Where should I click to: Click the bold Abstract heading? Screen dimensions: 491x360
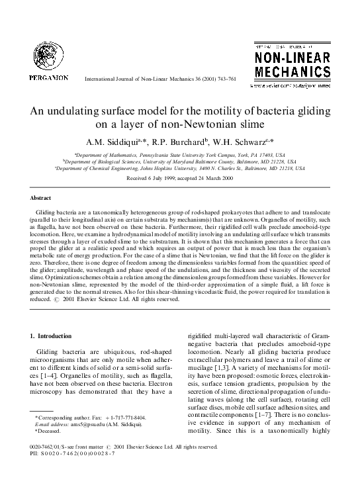click(x=41, y=198)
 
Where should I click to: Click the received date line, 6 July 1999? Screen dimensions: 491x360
click(x=179, y=178)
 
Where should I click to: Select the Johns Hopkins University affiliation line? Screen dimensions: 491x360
click(x=180, y=168)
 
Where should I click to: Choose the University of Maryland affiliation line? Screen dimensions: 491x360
click(x=180, y=160)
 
